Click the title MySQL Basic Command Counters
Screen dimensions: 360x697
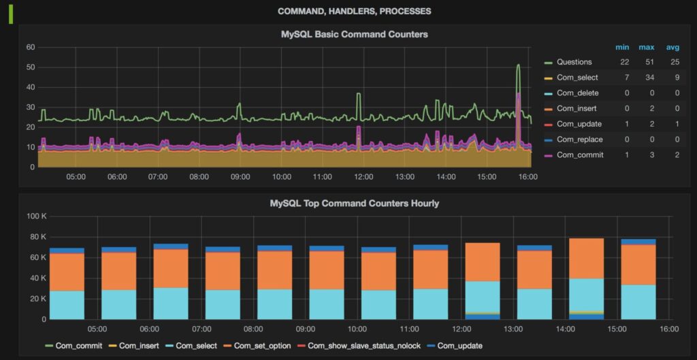click(354, 34)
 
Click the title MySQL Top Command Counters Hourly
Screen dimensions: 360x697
click(354, 203)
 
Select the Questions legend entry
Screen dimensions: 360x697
click(574, 62)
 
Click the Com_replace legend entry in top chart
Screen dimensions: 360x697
click(577, 140)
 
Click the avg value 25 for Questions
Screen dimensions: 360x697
click(672, 62)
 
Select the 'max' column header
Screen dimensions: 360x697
click(646, 47)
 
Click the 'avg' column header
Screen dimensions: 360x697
click(672, 47)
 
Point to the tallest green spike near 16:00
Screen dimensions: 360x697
click(518, 66)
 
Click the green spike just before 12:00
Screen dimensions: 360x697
click(359, 95)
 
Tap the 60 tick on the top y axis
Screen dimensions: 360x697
click(31, 47)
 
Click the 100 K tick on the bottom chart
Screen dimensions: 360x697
click(35, 216)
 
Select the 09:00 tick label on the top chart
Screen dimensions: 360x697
click(240, 177)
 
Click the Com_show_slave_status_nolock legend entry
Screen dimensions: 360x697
click(368, 346)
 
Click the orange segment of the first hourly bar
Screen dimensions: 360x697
click(67, 272)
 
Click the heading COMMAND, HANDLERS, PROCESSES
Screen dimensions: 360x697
click(354, 12)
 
